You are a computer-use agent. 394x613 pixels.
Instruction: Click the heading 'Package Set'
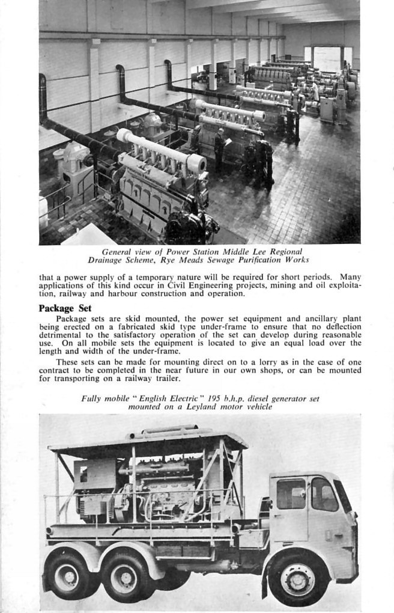tap(64, 308)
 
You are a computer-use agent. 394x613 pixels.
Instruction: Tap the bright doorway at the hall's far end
tap(327, 59)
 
